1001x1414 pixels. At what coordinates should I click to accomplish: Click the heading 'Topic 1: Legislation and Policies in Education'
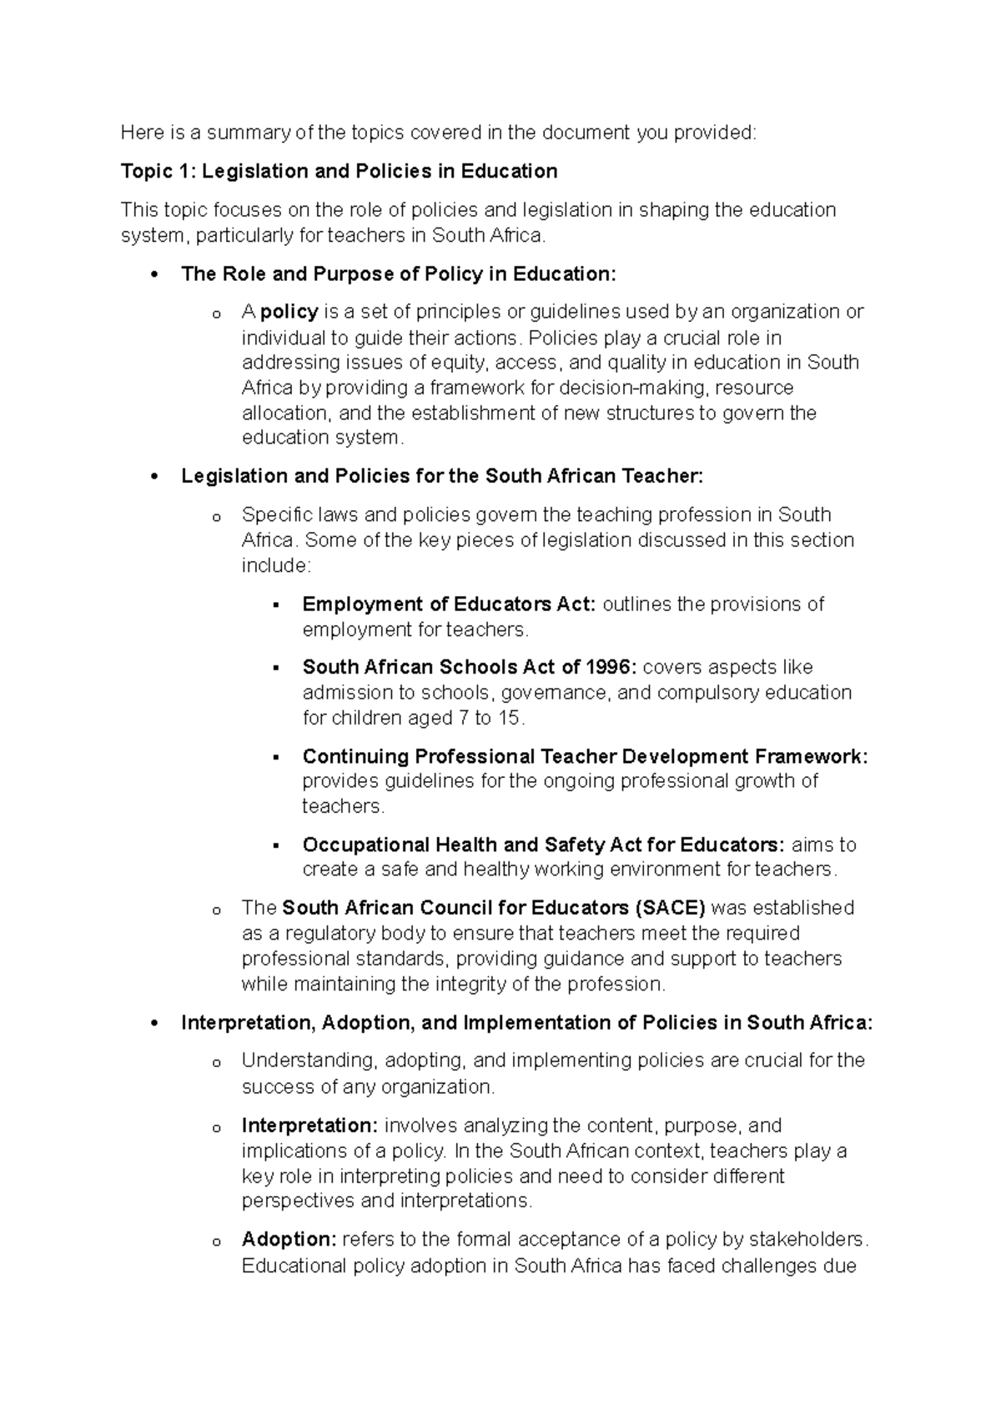tap(339, 172)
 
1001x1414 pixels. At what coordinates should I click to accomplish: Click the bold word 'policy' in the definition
tap(289, 312)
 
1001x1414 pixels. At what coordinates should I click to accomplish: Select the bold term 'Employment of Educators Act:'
tap(449, 604)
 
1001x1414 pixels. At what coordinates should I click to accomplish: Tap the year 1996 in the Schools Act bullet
tap(611, 667)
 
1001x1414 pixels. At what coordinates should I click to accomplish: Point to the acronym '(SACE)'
tap(670, 907)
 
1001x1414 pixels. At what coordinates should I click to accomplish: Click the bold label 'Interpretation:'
tap(309, 1126)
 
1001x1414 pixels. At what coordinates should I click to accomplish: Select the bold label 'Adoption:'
tap(289, 1239)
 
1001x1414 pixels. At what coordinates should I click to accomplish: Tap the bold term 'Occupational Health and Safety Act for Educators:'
tap(543, 845)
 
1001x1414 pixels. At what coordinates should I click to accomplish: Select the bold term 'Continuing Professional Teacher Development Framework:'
tap(585, 756)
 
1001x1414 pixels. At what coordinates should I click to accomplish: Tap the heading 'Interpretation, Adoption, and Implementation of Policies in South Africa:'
tap(526, 1023)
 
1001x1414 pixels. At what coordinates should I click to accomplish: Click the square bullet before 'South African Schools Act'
tap(276, 668)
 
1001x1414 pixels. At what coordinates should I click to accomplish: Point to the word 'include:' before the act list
tap(275, 565)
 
